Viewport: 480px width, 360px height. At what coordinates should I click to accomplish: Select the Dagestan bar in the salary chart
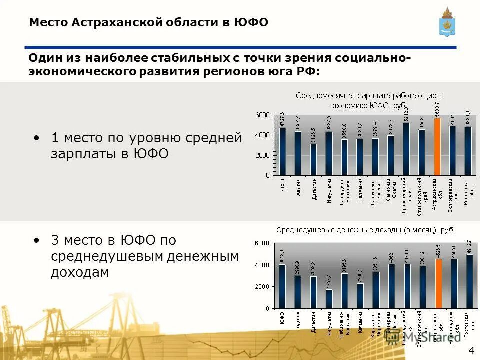[x=313, y=159]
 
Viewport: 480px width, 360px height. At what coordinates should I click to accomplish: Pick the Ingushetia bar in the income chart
[x=329, y=299]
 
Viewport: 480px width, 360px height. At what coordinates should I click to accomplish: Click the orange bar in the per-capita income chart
[x=438, y=283]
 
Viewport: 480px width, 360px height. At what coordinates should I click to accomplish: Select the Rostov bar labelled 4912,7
[x=469, y=281]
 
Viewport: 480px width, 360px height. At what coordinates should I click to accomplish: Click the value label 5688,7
[x=437, y=109]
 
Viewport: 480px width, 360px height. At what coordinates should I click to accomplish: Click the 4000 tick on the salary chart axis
[x=263, y=135]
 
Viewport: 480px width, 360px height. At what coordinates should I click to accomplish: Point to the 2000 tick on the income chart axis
[x=263, y=286]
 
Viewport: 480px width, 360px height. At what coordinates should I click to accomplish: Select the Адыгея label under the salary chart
[x=298, y=186]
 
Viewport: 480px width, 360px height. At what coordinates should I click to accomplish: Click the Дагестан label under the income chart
[x=314, y=322]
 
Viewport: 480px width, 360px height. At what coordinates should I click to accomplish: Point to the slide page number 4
[x=471, y=349]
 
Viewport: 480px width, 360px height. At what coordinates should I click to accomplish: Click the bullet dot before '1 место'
[x=37, y=136]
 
